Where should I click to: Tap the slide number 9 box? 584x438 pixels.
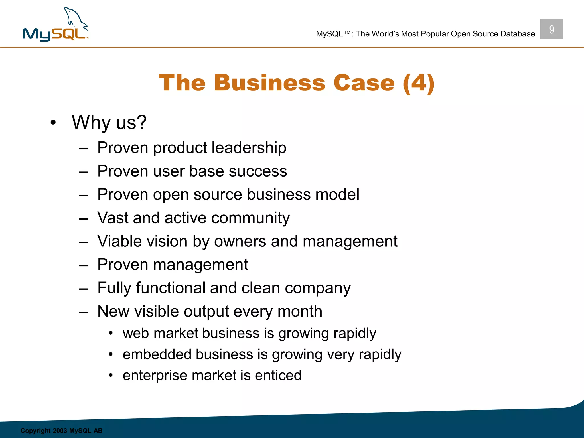551,29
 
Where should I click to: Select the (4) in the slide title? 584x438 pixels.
419,83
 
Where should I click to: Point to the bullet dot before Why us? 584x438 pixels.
53,123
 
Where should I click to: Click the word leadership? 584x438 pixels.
249,148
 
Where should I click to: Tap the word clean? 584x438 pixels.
261,288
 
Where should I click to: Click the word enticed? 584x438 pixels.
278,376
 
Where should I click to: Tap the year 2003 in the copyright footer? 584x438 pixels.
60,431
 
